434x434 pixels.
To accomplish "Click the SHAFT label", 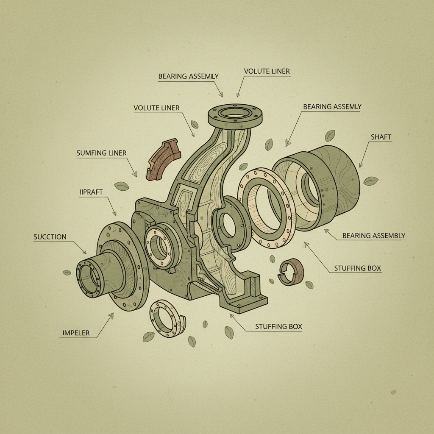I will point(381,137).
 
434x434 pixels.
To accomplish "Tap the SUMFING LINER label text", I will point(101,153).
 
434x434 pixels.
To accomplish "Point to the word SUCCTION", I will point(50,237).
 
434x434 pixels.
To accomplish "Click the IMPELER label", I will point(76,333).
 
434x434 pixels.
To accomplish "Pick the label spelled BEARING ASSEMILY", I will point(188,76).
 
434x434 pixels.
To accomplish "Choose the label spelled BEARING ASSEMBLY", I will point(373,235).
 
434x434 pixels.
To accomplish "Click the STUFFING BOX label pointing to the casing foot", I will point(278,326).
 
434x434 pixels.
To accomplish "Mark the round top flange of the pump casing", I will point(236,114).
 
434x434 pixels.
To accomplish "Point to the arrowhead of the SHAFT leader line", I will point(360,166).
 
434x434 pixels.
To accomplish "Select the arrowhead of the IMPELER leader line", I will point(113,314).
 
